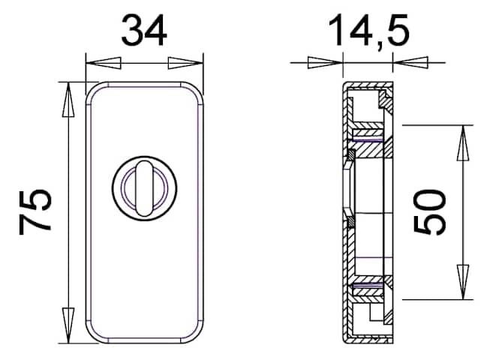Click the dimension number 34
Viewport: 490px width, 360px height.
pos(144,31)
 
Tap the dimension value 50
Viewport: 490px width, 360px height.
pos(430,211)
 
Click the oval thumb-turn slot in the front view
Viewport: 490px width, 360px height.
pos(144,188)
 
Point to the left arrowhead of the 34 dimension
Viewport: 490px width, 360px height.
pos(104,63)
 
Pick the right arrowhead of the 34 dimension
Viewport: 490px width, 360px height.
pos(185,63)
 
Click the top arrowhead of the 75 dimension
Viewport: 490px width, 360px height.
pos(68,100)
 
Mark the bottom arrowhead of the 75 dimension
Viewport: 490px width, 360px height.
pos(68,325)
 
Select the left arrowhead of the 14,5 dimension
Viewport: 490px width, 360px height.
pos(326,63)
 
